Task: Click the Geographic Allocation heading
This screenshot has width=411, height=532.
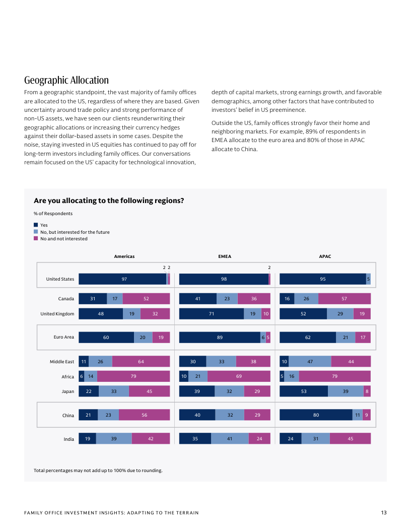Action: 66,80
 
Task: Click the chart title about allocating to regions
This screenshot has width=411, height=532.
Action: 108,201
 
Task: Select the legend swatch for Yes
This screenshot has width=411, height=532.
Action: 36,225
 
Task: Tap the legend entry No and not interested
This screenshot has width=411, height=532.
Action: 63,239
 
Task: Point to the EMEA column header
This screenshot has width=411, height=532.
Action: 225,256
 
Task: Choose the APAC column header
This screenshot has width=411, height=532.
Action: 325,256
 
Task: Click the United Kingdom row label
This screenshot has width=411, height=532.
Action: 57,314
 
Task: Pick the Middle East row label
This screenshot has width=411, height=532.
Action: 61,362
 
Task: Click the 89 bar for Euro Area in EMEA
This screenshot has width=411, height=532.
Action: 220,338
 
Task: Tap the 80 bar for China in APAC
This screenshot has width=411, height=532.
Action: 316,415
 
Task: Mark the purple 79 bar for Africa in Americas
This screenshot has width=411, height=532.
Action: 133,376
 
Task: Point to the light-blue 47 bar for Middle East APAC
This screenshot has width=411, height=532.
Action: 310,362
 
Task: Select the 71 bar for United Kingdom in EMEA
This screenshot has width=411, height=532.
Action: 212,314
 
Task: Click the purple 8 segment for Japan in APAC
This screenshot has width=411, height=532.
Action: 367,391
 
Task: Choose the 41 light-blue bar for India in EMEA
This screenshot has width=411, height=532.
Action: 230,439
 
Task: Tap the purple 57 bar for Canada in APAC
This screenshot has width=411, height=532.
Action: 344,299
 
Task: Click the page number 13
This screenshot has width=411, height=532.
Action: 384,513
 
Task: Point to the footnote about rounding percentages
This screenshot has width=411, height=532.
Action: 98,471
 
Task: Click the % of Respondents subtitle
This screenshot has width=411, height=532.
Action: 53,214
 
